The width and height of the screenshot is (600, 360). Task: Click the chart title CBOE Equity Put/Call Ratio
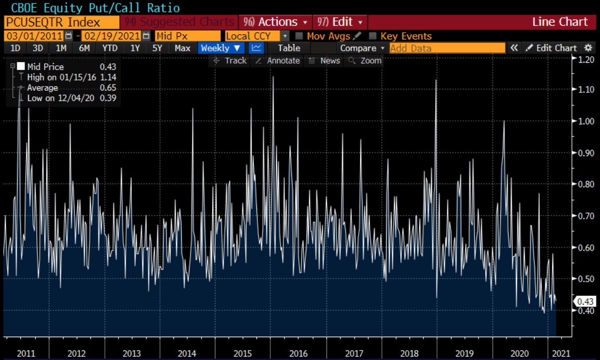click(91, 8)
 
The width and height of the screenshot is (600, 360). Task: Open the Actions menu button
click(278, 22)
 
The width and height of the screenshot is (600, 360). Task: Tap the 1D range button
click(16, 48)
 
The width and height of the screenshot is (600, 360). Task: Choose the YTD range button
click(110, 48)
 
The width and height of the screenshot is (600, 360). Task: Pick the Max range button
click(182, 48)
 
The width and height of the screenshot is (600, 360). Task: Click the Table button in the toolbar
click(289, 48)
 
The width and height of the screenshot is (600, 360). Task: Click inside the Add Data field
click(447, 48)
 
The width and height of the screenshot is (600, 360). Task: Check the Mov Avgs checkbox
click(299, 36)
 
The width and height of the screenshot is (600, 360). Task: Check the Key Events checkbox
click(372, 36)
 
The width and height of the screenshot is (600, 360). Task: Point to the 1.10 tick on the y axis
click(587, 89)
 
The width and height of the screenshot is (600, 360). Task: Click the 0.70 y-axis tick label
click(587, 216)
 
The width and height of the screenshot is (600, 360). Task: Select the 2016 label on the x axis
click(299, 353)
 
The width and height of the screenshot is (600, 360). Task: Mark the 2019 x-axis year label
click(465, 353)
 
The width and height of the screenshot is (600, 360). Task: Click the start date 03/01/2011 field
click(34, 36)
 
